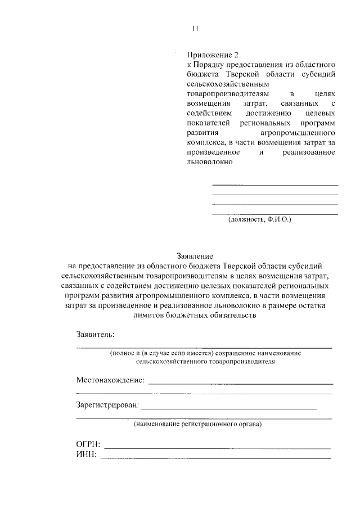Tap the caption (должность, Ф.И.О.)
(x=259, y=220)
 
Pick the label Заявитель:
(x=95, y=335)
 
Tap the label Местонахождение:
(x=110, y=380)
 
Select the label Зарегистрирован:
(x=107, y=405)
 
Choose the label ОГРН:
(x=88, y=445)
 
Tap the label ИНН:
(x=86, y=454)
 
